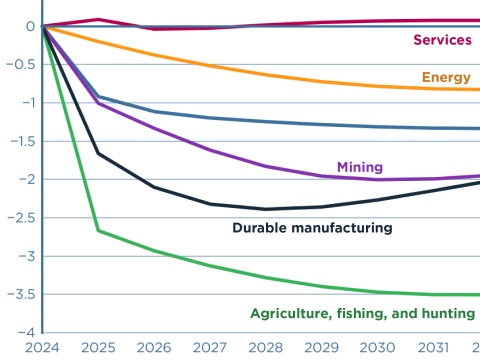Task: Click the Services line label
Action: tap(441, 40)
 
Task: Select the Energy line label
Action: tap(446, 77)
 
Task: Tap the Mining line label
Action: tap(360, 167)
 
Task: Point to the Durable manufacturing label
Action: tap(312, 228)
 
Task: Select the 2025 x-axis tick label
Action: tap(98, 346)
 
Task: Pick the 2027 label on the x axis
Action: tap(209, 346)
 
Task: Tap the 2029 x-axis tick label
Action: tap(321, 346)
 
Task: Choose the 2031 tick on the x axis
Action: tap(432, 346)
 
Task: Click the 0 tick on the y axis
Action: tap(31, 27)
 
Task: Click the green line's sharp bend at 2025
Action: tap(98, 231)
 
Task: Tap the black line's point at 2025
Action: tap(98, 153)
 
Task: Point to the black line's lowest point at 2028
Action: tap(265, 209)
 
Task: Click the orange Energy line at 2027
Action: tap(209, 65)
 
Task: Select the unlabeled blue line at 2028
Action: tap(265, 122)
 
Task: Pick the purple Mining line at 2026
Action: tap(153, 128)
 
